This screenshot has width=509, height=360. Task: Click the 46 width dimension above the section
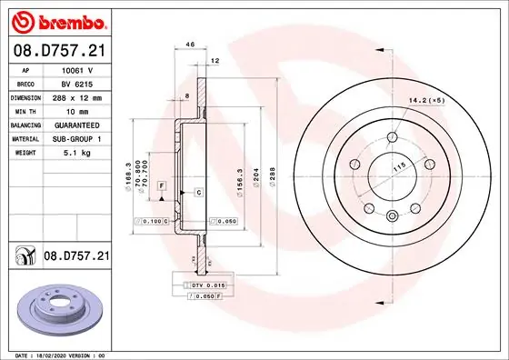[x=190, y=44]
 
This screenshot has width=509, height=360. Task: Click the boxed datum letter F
[x=161, y=185]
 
